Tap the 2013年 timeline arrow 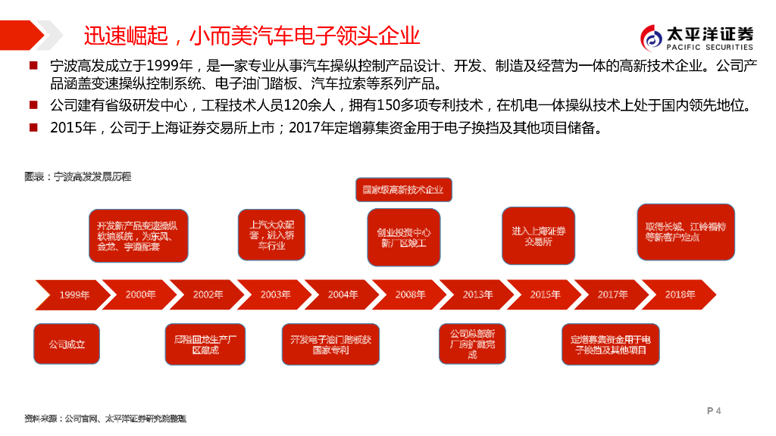click(477, 294)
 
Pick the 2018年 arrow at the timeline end click(680, 294)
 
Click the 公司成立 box click(67, 344)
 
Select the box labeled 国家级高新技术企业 click(403, 189)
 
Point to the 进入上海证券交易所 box click(538, 235)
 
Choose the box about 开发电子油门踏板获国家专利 click(330, 345)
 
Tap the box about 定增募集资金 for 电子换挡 click(611, 344)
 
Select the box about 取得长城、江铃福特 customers click(685, 232)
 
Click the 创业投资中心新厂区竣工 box click(403, 238)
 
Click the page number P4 click(713, 411)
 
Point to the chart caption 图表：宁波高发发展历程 click(77, 176)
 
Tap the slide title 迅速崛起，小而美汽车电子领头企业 click(252, 36)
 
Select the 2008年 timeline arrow click(410, 294)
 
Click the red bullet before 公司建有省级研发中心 click(33, 104)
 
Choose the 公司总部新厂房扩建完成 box click(472, 344)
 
